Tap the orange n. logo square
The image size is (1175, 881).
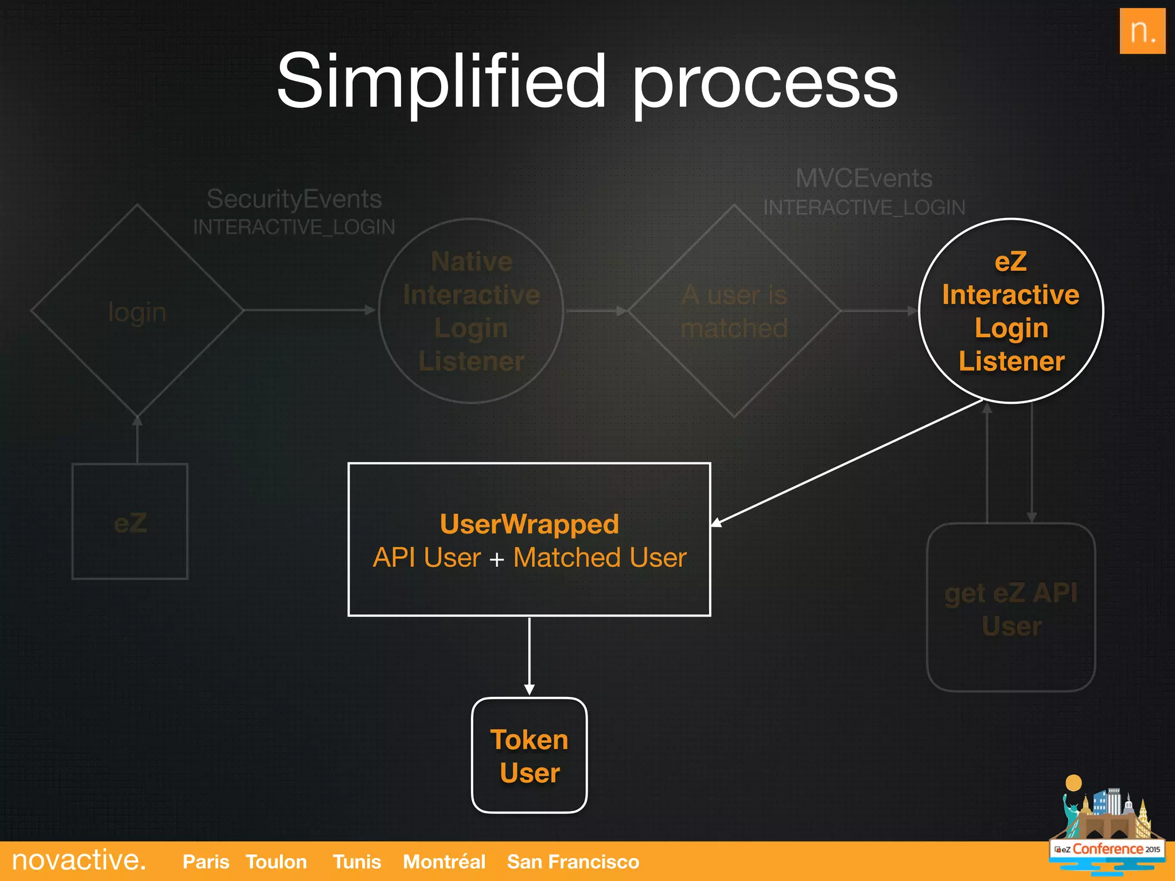1142,31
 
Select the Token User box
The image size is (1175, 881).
529,755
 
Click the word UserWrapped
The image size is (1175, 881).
529,524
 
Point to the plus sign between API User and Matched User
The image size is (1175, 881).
497,559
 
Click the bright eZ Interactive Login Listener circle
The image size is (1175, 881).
1011,311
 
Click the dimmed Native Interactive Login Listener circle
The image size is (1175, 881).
471,311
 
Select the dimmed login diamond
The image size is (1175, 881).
137,311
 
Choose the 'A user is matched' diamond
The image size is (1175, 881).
734,311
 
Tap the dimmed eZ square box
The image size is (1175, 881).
130,522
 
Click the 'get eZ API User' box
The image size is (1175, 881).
1011,608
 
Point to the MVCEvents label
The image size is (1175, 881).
863,178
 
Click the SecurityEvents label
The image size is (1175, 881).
294,199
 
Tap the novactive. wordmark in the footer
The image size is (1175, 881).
79,860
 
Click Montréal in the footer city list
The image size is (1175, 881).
444,861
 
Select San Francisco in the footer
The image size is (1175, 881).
573,861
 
